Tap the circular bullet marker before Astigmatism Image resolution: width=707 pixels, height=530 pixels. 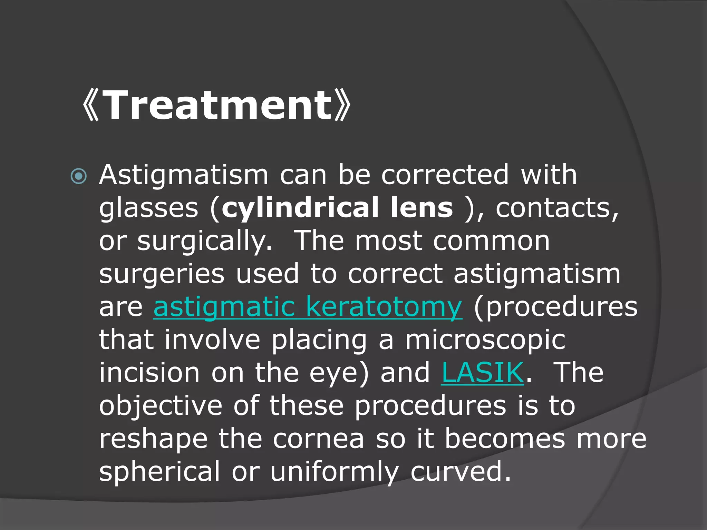point(79,176)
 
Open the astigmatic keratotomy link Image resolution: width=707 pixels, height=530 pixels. point(307,307)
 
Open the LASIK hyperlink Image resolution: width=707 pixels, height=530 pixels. point(483,372)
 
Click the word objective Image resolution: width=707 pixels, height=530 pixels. point(161,406)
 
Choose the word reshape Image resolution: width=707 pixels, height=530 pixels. point(153,439)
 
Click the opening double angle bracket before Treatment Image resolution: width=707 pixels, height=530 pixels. point(91,105)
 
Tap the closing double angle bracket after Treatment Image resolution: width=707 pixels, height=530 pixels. point(343,105)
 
